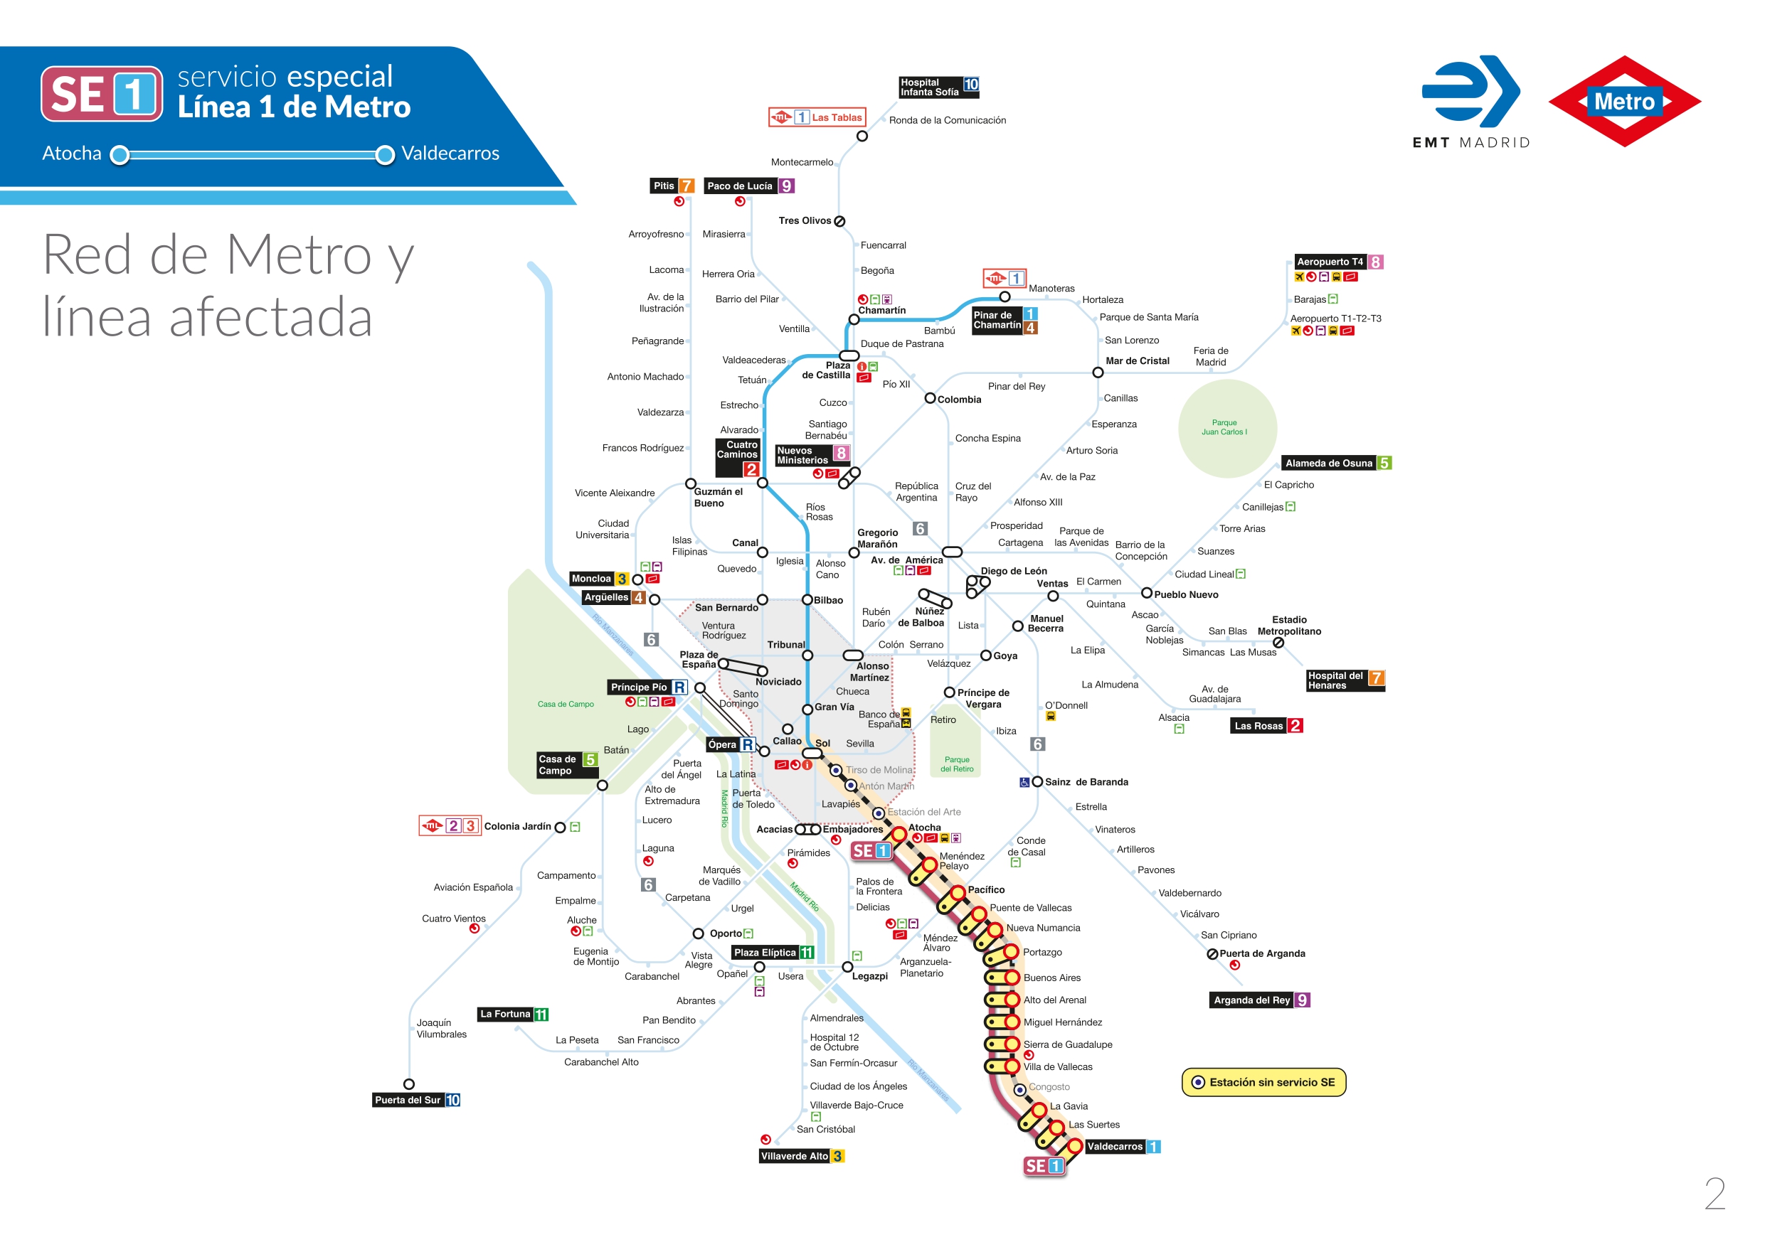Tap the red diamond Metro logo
point(1623,102)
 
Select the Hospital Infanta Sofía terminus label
point(929,87)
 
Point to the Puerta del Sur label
point(408,1101)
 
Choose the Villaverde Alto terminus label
point(794,1155)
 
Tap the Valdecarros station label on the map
point(1115,1146)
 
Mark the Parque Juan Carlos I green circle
point(1227,428)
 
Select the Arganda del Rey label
point(1251,1000)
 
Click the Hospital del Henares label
point(1336,681)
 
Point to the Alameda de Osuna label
point(1328,464)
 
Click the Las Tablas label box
point(817,117)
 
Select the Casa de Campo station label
point(556,764)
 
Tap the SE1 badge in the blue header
point(102,94)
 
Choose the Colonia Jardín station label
point(517,826)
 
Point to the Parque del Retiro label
point(956,764)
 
